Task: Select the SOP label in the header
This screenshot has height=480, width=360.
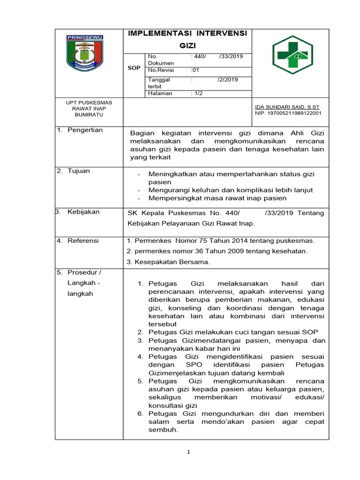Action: [134, 68]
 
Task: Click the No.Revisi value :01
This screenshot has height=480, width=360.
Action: [195, 70]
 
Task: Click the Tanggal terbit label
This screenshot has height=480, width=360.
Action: [159, 83]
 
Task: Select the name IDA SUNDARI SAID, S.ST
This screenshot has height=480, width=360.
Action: [287, 107]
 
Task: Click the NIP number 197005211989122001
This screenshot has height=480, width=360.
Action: [288, 113]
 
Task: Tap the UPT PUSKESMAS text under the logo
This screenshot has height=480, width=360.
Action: [88, 102]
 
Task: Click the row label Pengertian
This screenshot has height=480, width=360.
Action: [85, 130]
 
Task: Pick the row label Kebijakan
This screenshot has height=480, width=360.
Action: [83, 212]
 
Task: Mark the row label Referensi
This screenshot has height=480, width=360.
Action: [83, 240]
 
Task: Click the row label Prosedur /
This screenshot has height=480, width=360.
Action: [84, 272]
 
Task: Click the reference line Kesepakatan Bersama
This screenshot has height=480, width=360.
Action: [168, 262]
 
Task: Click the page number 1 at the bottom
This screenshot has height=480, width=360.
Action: [187, 452]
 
